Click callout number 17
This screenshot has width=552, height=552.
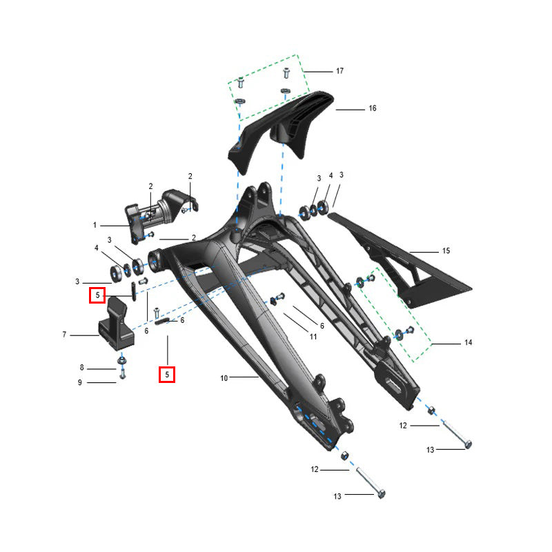(339, 71)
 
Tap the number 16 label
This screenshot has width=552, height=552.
(373, 108)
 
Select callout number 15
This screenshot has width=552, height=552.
(446, 250)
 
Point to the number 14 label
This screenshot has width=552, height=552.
(469, 342)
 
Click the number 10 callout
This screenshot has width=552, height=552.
(224, 378)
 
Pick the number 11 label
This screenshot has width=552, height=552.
(313, 337)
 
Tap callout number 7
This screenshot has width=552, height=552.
(64, 335)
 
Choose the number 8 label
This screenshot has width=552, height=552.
(81, 368)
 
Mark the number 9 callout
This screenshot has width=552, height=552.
(80, 382)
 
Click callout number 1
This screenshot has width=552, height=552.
(95, 225)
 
